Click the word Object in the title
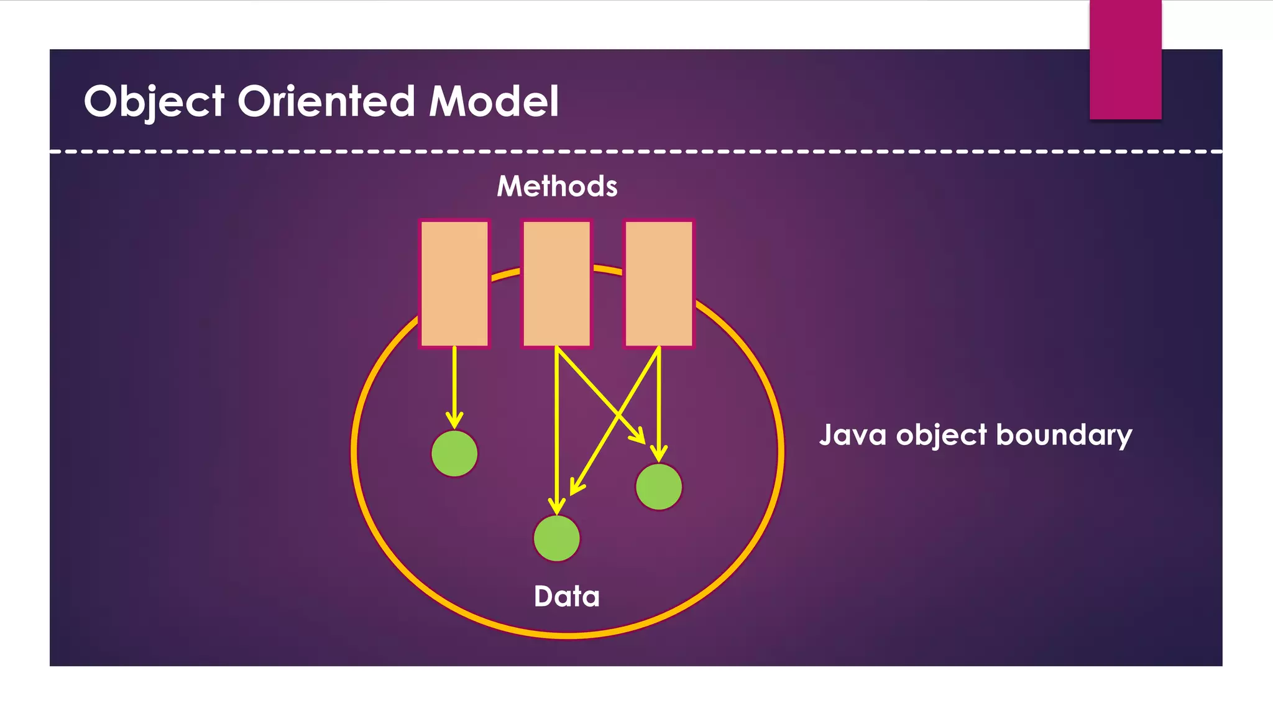[154, 101]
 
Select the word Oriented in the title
[326, 101]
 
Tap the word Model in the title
[494, 101]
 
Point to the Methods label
[557, 186]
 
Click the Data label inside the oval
[566, 597]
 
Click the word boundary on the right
[1064, 436]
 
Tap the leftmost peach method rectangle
[454, 283]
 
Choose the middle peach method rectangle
[556, 283]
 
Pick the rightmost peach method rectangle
[659, 283]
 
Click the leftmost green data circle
[454, 454]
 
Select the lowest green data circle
[556, 538]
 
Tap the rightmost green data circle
[659, 487]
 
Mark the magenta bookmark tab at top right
[1125, 59]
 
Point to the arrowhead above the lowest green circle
[557, 506]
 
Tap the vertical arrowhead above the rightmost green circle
[659, 454]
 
